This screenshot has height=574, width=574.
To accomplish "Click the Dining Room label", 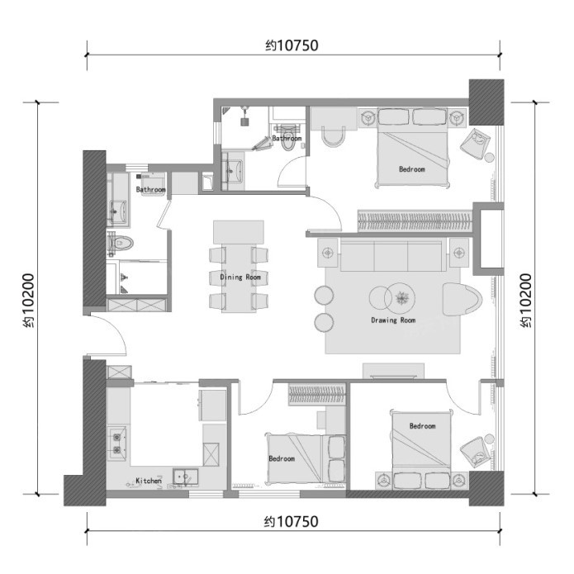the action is tap(240, 278).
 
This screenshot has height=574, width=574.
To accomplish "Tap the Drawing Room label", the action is tap(393, 320).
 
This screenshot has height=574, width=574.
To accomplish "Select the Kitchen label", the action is tap(149, 481).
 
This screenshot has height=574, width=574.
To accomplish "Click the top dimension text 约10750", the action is tap(292, 45).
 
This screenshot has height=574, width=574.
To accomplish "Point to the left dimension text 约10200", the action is tap(28, 300).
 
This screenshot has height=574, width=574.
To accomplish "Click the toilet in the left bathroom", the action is tap(120, 243).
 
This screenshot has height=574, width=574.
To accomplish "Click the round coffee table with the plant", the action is tap(401, 297).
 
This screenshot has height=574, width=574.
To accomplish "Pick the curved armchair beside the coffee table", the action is tap(462, 299).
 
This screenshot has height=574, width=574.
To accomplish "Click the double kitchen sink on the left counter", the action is tap(117, 443).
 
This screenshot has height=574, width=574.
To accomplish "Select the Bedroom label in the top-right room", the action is tap(412, 169).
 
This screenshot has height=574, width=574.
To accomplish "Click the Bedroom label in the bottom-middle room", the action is tap(282, 458).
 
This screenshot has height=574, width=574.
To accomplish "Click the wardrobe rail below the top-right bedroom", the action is tap(415, 221).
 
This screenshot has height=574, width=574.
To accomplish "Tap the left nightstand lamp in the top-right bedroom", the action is tap(368, 118).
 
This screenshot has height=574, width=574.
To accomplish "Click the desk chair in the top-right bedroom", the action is tap(333, 136).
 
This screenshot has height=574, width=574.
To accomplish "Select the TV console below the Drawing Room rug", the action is tap(393, 371).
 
